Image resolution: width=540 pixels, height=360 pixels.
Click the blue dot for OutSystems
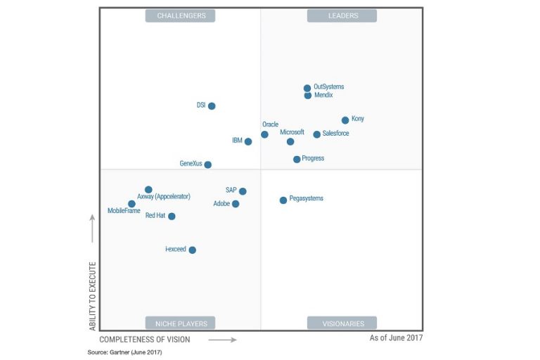point(307,89)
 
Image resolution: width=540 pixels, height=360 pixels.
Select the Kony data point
point(345,120)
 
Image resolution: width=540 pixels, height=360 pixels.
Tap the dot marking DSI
point(212,106)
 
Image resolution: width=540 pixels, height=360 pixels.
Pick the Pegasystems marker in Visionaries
point(283,200)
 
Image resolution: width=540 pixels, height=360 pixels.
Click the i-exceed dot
point(193,250)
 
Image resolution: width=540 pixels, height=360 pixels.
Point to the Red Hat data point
point(172,217)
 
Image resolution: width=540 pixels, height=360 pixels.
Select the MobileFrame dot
point(131,204)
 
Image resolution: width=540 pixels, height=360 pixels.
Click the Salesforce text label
point(335,134)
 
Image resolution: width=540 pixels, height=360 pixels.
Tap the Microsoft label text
point(292,132)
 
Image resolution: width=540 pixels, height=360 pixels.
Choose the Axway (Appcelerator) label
point(164,197)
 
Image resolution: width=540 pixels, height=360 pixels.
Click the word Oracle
point(271,124)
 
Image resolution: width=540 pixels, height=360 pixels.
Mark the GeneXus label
point(191,164)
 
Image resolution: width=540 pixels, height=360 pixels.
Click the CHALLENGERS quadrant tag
point(181,15)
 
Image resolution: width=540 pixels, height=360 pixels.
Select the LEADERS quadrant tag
point(342,15)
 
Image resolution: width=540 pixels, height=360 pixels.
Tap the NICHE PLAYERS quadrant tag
point(181,323)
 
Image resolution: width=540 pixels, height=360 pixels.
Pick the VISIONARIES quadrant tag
point(342,323)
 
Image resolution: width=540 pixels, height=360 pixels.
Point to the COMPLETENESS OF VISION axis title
point(145,340)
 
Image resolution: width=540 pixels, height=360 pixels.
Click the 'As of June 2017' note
point(396,338)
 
